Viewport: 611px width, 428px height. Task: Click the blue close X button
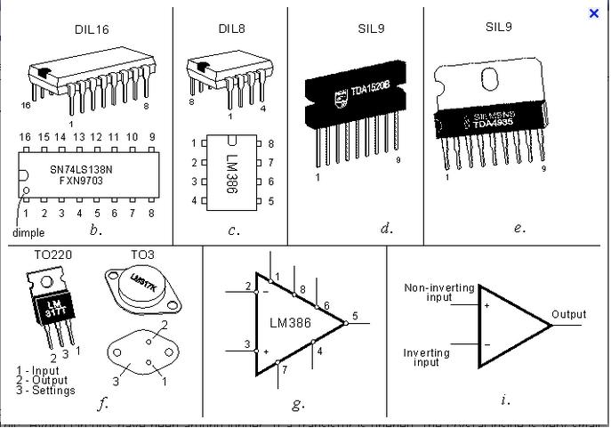point(594,13)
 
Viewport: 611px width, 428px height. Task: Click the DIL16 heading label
point(92,28)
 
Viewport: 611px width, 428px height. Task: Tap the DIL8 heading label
point(232,28)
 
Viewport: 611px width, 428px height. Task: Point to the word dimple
point(28,233)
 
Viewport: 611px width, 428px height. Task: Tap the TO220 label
point(53,255)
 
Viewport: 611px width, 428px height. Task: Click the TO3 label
point(142,254)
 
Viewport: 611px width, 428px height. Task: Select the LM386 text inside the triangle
point(290,323)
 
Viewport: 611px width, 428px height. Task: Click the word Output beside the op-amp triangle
point(569,314)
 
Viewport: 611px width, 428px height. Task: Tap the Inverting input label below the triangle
point(427,358)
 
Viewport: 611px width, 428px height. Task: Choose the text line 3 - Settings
point(46,391)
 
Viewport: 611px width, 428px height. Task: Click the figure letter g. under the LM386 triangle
point(298,404)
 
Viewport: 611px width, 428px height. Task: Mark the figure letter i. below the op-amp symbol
point(505,400)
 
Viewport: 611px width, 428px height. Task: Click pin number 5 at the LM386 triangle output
point(355,315)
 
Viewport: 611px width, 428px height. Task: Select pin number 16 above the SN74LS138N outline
point(25,137)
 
